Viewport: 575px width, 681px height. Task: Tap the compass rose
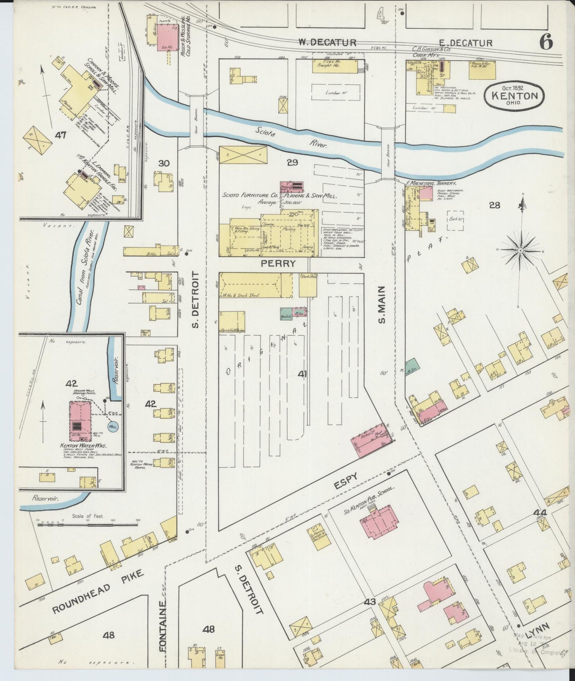click(x=520, y=250)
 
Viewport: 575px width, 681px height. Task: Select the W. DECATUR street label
click(x=327, y=42)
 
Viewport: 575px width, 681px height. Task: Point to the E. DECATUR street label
click(x=466, y=43)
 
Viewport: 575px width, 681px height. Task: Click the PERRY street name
click(x=278, y=263)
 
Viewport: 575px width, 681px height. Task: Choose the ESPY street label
click(x=347, y=481)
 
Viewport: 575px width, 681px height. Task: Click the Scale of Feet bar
click(x=88, y=525)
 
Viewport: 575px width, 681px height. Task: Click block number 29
click(x=292, y=162)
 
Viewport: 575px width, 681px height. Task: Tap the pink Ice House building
click(x=167, y=37)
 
